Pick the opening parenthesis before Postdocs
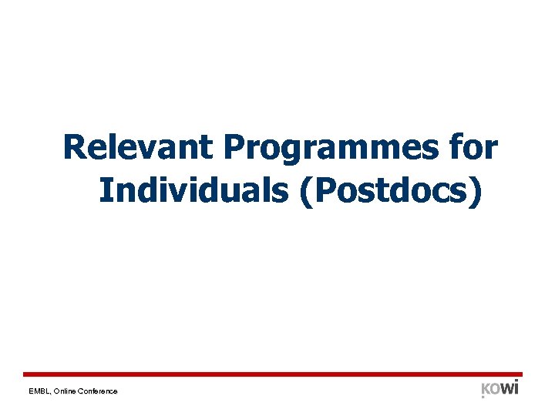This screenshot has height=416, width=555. click(302, 190)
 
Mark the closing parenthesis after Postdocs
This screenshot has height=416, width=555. click(477, 190)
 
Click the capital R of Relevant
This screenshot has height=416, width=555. click(74, 146)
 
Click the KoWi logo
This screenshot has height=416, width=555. click(499, 388)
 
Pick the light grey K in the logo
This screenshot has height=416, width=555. click(486, 389)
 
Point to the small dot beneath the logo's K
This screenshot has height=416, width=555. click(483, 398)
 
